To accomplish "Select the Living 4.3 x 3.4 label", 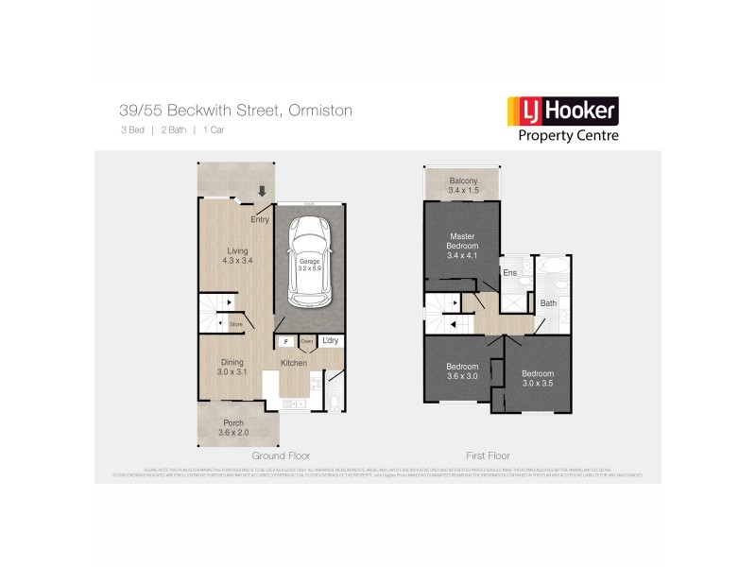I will pos(225,255).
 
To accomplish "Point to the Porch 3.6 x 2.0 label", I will pos(232,427).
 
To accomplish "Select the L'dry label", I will pos(331,340).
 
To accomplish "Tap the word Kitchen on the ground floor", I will pos(293,363).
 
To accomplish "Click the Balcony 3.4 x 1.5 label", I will pos(462,186).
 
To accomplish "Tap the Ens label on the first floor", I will pos(509,273).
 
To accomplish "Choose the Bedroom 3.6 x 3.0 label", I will pos(462,370).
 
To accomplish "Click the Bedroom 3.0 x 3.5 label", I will pos(538,379).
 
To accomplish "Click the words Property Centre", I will pos(570,135).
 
